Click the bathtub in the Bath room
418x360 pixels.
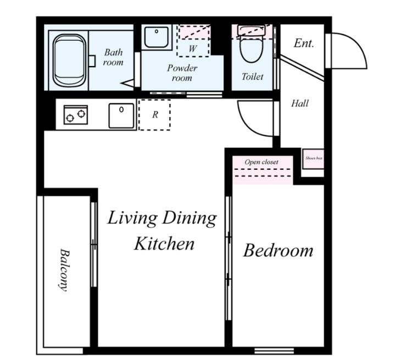tap(70, 60)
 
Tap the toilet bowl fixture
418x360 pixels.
tap(251, 44)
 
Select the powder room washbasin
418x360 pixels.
tap(157, 37)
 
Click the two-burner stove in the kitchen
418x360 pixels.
tap(76, 115)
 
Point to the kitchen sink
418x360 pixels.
tap(121, 116)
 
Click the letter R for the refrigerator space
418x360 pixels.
tap(155, 115)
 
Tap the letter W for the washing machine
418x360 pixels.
tap(193, 48)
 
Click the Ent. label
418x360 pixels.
tap(304, 43)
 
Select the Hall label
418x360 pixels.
tap(300, 103)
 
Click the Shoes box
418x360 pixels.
tap(313, 159)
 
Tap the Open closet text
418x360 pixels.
tap(261, 162)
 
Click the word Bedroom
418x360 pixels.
tap(278, 251)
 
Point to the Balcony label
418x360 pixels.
tap(64, 270)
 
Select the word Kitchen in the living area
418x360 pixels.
tap(164, 243)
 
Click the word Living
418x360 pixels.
tap(132, 218)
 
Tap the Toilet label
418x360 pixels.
tap(252, 77)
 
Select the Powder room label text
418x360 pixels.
tap(182, 73)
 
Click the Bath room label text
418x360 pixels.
tap(113, 57)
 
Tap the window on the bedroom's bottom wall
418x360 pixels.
tap(274, 351)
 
